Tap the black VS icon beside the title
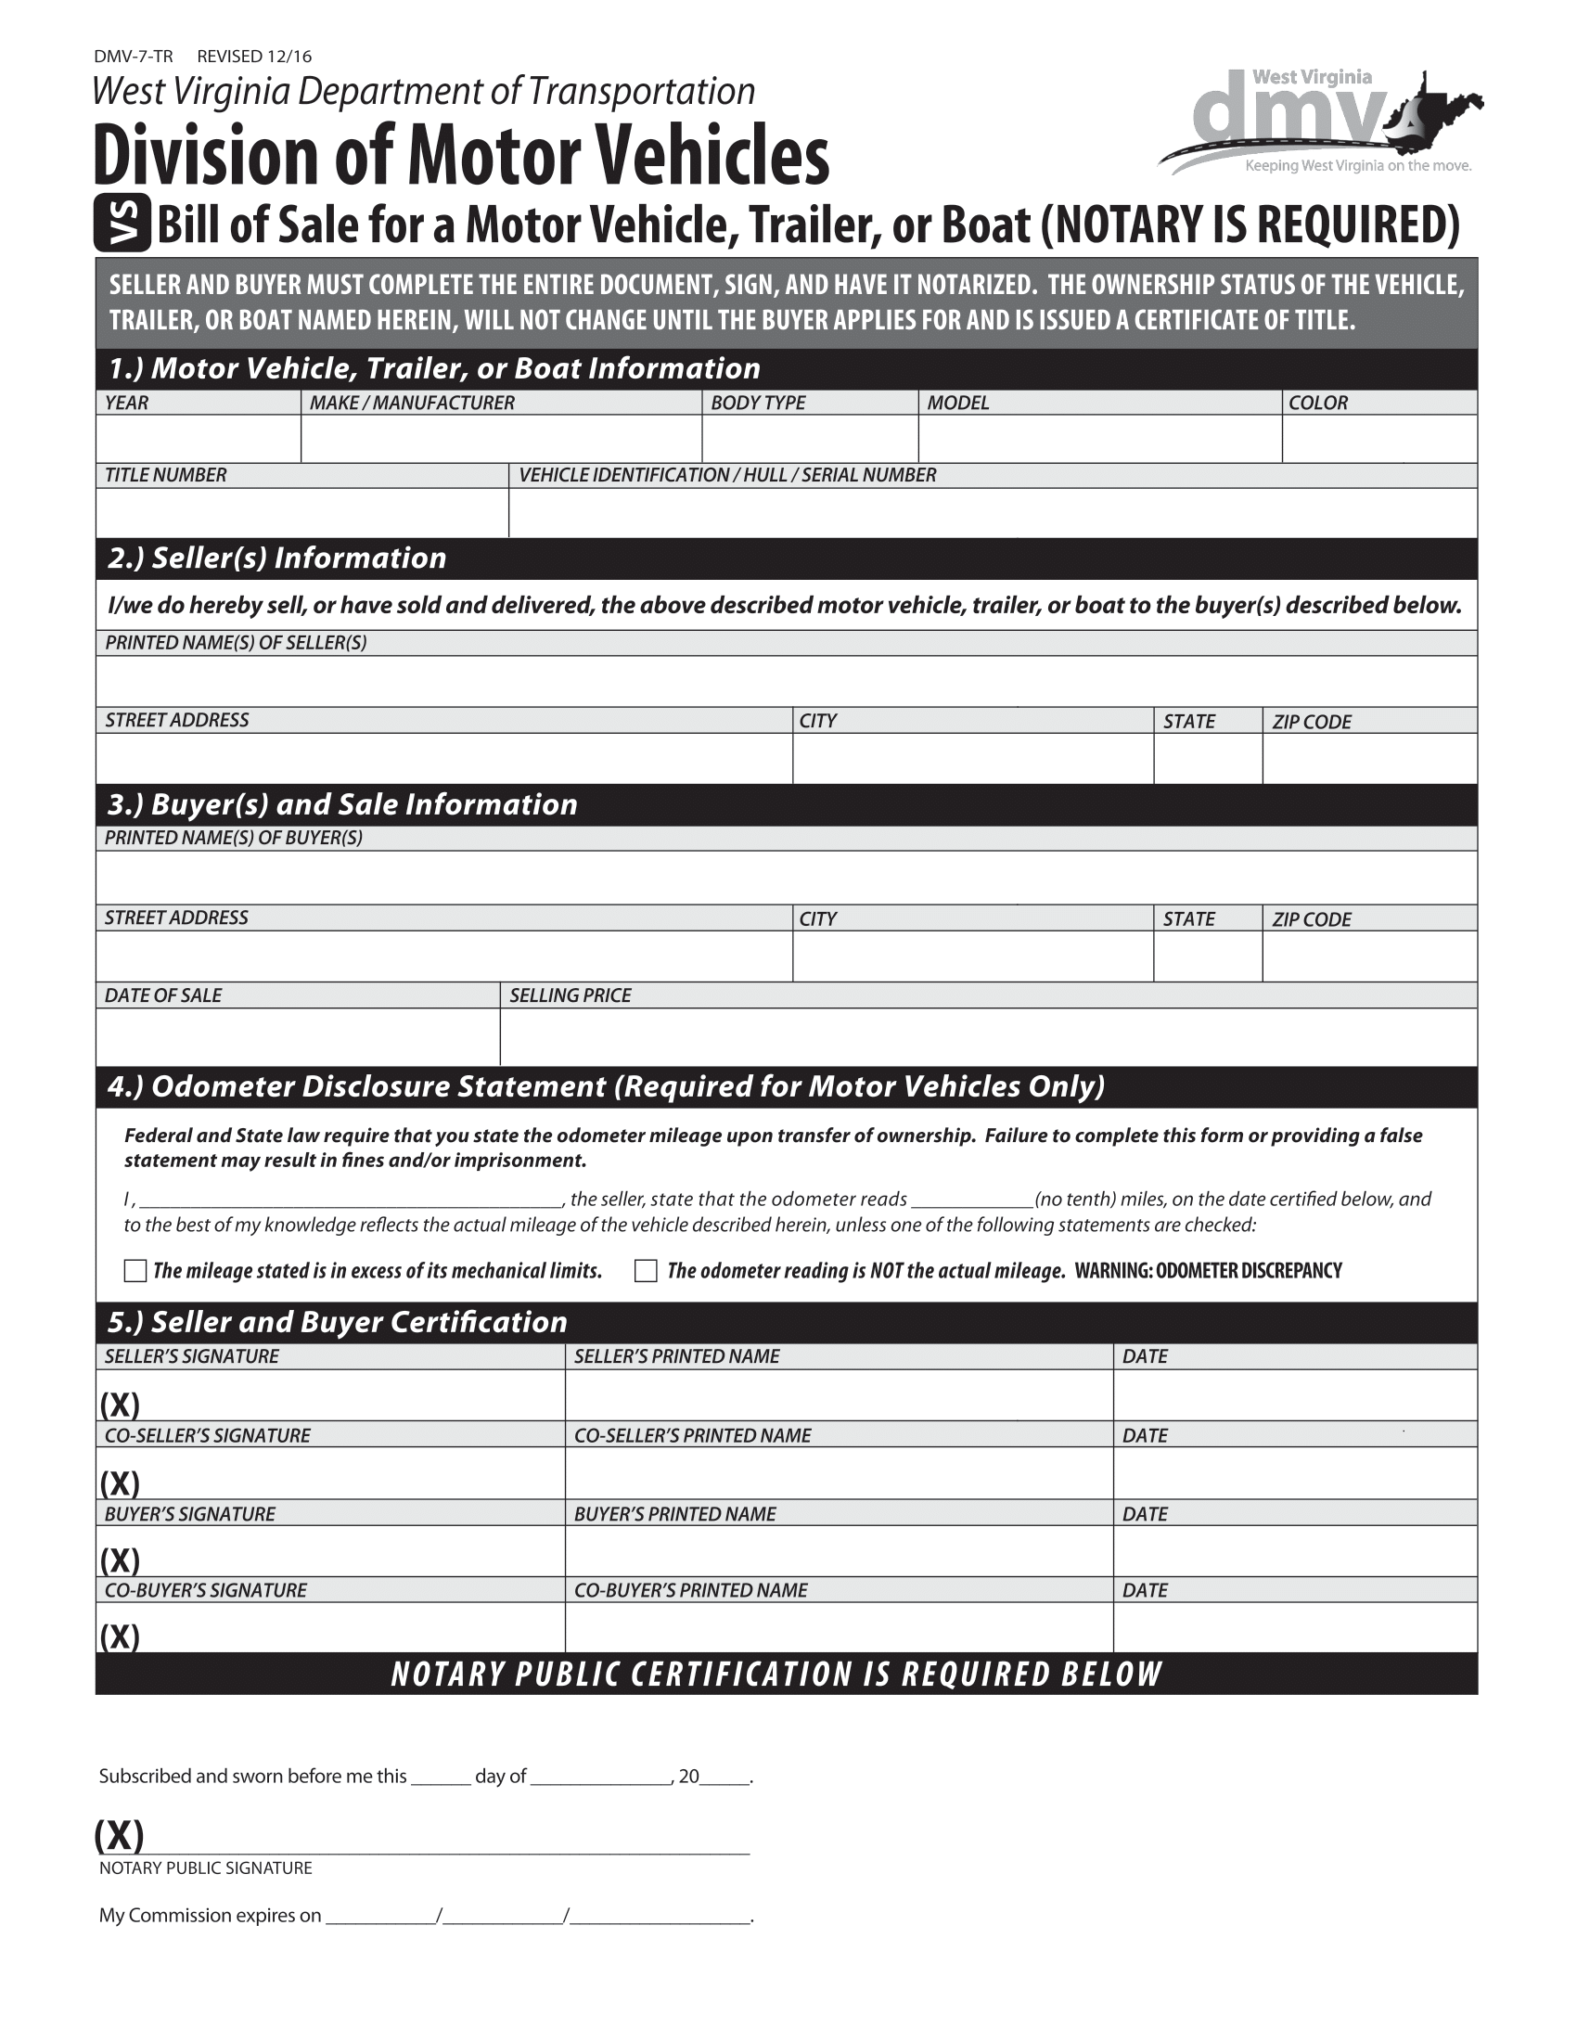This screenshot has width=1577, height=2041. pyautogui.click(x=122, y=225)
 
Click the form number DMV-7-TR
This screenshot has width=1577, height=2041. pyautogui.click(x=133, y=57)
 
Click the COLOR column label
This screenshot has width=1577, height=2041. pyautogui.click(x=1317, y=403)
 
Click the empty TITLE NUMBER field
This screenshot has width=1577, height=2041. pyautogui.click(x=301, y=512)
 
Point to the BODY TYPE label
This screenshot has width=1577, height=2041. pyautogui.click(x=758, y=403)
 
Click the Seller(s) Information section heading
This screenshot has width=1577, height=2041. pyautogui.click(x=276, y=558)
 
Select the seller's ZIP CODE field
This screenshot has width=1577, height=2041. pyautogui.click(x=1368, y=758)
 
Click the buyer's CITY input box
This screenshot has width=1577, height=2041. pyautogui.click(x=971, y=956)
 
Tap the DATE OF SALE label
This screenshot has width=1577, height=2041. pyautogui.click(x=162, y=995)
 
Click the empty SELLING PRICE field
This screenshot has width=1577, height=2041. pyautogui.click(x=988, y=1036)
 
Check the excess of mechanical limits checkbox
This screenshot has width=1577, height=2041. pyautogui.click(x=135, y=1271)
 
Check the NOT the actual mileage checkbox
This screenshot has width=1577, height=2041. pyautogui.click(x=646, y=1271)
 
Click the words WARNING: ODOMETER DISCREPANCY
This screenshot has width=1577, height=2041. pyautogui.click(x=1208, y=1271)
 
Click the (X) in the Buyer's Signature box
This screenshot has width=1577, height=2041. pyautogui.click(x=120, y=1560)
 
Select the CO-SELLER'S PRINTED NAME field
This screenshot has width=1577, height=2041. pyautogui.click(x=838, y=1473)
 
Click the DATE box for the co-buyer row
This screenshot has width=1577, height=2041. pyautogui.click(x=1294, y=1627)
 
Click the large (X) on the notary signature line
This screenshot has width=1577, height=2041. pyautogui.click(x=120, y=1835)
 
